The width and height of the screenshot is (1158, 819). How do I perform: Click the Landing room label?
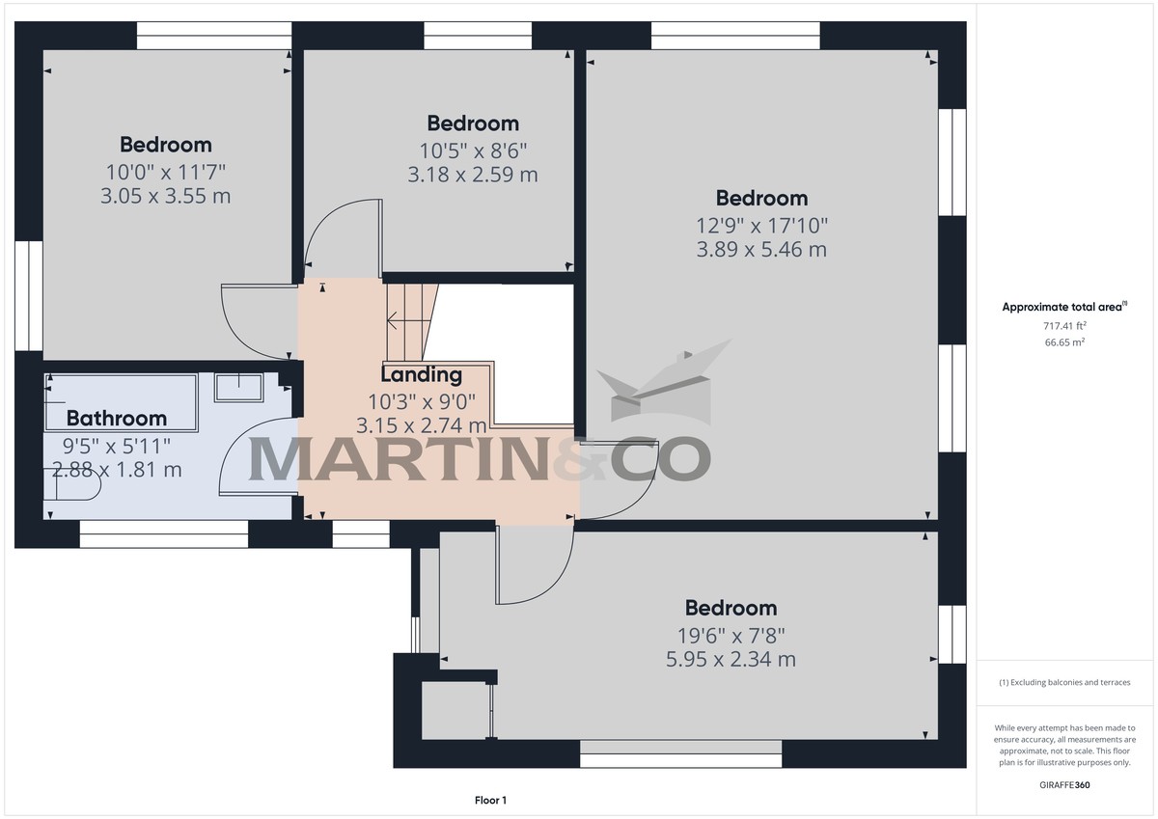(x=422, y=375)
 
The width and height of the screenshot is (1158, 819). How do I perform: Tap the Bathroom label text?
(x=117, y=419)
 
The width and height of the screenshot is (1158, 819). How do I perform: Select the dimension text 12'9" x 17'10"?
(x=761, y=226)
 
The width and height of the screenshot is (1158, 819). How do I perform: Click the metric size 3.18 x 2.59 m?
(x=473, y=175)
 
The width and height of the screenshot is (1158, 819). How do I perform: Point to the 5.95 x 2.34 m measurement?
(x=731, y=659)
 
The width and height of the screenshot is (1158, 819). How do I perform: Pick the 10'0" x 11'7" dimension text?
(x=165, y=172)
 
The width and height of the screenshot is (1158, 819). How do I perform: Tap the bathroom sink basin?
(x=239, y=388)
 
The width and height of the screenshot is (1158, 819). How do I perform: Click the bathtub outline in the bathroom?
(x=121, y=403)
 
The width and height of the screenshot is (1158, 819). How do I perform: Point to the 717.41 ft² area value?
(x=1064, y=325)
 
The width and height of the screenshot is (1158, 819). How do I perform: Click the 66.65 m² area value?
(x=1064, y=342)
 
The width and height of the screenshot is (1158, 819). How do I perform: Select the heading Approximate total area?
(x=1064, y=307)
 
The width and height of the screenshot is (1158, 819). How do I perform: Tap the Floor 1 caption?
(x=490, y=801)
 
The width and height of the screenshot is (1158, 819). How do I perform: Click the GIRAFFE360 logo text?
(x=1064, y=785)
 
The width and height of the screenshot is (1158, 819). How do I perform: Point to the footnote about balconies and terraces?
(x=1064, y=682)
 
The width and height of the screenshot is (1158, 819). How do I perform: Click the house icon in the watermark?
(x=664, y=382)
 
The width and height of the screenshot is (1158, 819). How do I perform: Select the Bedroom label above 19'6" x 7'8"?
(x=731, y=608)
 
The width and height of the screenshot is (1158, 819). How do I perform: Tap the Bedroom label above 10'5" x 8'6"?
(x=473, y=123)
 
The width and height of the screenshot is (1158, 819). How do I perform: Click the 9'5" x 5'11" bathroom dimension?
(x=117, y=446)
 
